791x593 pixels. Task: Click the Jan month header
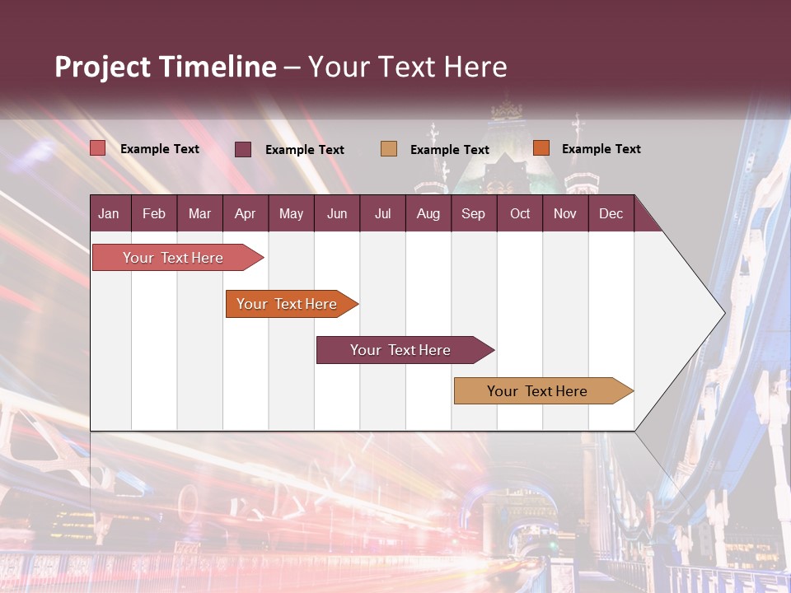[x=109, y=213]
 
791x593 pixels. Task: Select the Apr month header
[x=245, y=213]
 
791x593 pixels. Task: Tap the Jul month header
[x=382, y=213]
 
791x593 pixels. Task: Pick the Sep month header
[x=473, y=213]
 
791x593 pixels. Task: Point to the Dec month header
[x=611, y=213]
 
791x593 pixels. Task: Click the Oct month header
[x=520, y=213]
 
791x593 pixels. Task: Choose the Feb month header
[x=154, y=213]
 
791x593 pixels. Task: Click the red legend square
[x=98, y=148]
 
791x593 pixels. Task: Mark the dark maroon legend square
[x=243, y=149]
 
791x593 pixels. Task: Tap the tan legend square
[x=389, y=148]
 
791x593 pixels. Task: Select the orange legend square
[x=541, y=147]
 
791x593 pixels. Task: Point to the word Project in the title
[x=104, y=67]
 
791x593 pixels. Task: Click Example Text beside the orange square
[x=601, y=148]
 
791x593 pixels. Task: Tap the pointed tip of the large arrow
[x=723, y=312]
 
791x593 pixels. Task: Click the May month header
[x=291, y=213]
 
